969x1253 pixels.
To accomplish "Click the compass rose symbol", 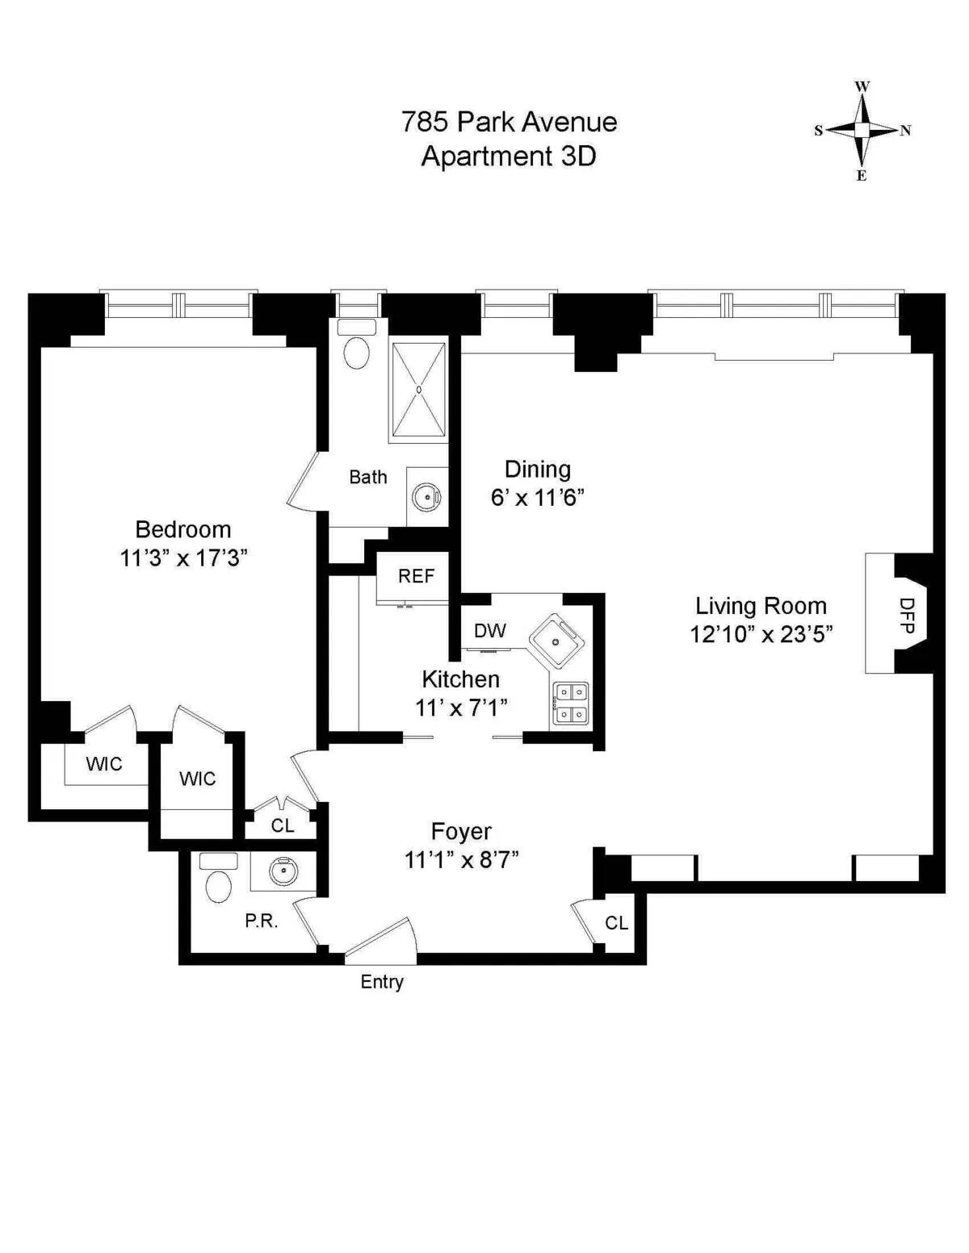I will (862, 130).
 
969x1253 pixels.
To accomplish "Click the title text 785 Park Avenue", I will (509, 122).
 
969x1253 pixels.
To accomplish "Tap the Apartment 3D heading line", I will (509, 156).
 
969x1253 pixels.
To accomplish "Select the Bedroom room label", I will (183, 529).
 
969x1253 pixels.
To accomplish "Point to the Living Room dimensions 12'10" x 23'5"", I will (761, 634).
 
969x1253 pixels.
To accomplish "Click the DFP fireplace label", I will (907, 615).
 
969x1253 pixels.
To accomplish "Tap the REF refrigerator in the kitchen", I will (416, 576).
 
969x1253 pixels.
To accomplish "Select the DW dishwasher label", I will (489, 631).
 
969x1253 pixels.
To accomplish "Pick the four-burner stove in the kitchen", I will (571, 704).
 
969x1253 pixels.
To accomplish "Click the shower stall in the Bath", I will (418, 391).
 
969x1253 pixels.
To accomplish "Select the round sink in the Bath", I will (426, 497).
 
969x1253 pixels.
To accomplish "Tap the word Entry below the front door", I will (382, 982).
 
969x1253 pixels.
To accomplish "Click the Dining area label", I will (537, 470).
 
